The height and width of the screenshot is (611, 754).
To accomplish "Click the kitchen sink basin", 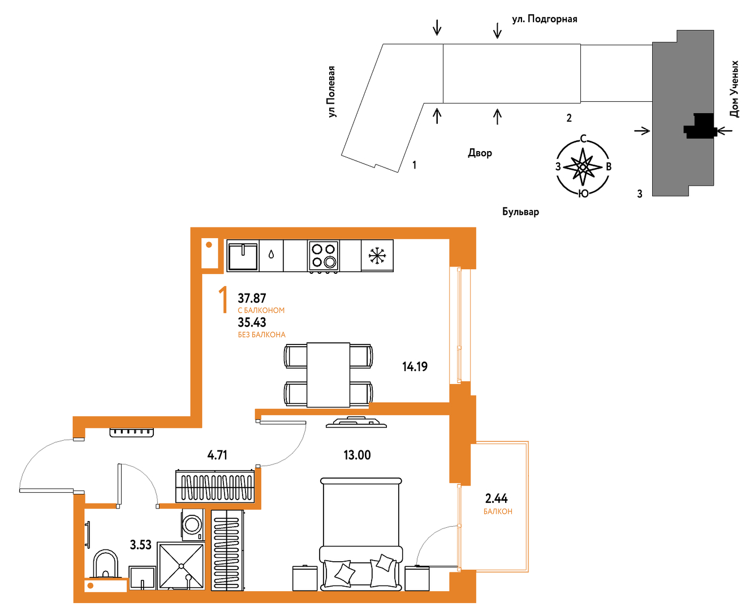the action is click(x=243, y=256).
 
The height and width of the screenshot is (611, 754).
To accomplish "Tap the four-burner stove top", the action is click(x=324, y=256).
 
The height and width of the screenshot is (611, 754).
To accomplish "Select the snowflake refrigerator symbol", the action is click(x=377, y=256).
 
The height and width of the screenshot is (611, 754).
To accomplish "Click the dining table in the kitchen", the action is click(x=328, y=375).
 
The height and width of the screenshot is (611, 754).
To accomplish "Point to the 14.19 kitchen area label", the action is click(x=415, y=367).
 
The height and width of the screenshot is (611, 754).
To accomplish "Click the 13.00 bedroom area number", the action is click(x=357, y=455).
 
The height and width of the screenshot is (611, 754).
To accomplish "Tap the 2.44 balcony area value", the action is click(x=496, y=498).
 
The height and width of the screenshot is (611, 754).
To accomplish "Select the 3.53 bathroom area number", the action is click(x=140, y=545).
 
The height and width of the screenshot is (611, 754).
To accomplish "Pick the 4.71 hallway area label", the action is click(x=217, y=455).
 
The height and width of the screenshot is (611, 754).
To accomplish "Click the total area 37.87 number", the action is click(x=252, y=298).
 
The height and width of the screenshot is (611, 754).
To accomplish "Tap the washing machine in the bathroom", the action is click(x=193, y=524).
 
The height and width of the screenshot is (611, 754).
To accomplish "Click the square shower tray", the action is click(x=181, y=566).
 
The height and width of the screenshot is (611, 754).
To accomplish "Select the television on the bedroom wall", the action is click(x=356, y=422).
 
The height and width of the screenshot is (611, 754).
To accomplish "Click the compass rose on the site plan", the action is click(x=583, y=167).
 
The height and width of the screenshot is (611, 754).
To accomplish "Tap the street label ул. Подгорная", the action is click(x=545, y=19).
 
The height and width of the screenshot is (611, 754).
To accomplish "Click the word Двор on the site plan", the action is click(x=480, y=153).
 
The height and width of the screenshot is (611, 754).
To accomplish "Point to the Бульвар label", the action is click(x=520, y=212).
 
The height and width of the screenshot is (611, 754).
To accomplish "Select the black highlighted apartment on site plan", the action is click(x=700, y=126).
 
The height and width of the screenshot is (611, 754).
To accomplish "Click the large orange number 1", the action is click(x=223, y=300).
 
